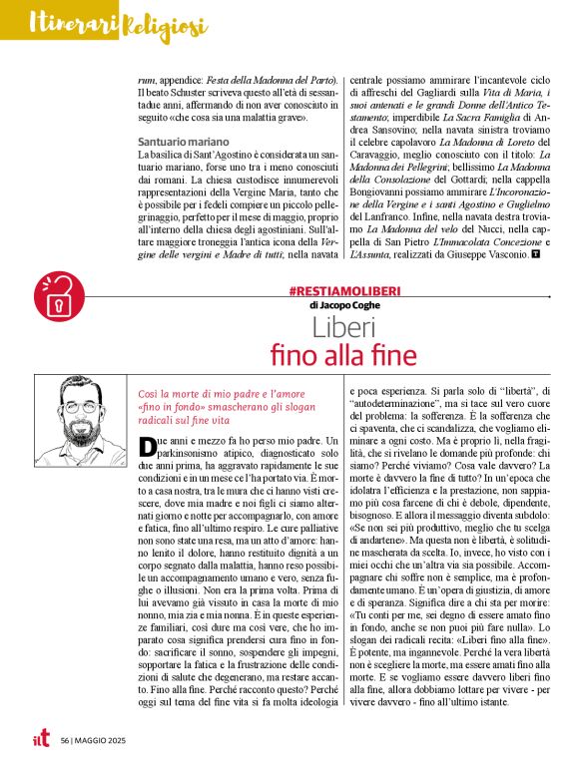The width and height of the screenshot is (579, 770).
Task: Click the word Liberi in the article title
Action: click(342, 327)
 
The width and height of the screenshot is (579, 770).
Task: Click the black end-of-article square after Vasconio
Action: click(536, 254)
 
